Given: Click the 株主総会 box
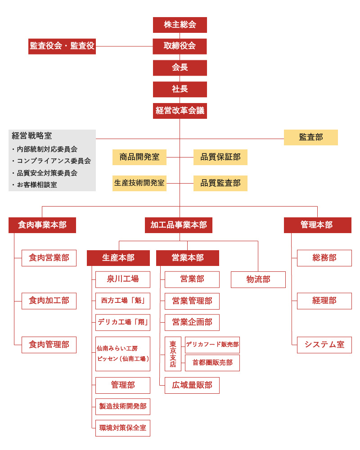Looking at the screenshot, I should click(180, 25).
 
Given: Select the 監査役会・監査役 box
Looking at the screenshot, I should click(62, 46).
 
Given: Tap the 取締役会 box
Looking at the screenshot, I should click(180, 46).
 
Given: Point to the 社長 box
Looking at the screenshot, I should click(180, 89).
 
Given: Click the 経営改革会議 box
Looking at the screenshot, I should click(180, 111).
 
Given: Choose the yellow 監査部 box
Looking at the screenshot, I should click(310, 137).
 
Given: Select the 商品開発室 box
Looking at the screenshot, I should click(139, 157).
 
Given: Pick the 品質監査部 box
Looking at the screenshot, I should click(220, 183).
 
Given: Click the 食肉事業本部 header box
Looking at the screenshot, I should click(42, 225).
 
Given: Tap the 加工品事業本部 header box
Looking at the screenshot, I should click(179, 225).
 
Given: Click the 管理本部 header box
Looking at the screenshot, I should click(317, 225).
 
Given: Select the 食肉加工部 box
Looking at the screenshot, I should click(49, 301).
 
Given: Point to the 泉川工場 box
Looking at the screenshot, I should click(122, 279).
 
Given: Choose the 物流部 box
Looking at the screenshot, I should click(258, 279).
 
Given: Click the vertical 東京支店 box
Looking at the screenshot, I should click(173, 354).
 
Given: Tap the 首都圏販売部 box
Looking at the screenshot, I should click(212, 363).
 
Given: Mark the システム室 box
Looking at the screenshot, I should click(324, 345).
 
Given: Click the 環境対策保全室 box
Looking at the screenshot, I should click(122, 428).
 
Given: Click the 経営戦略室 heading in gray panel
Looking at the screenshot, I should click(32, 136).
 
